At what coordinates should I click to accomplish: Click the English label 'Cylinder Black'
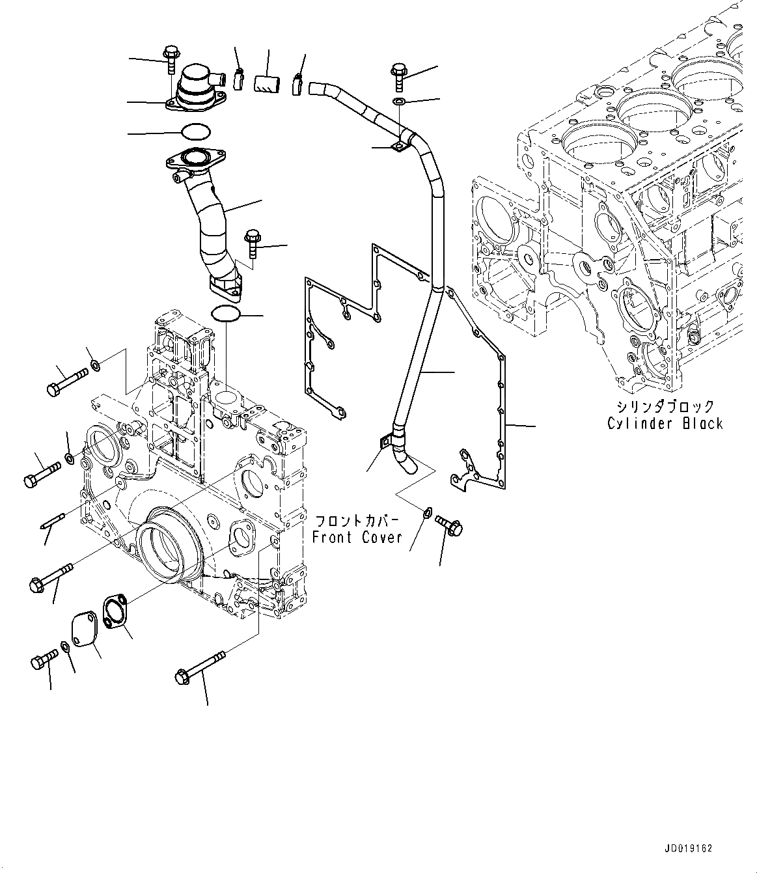coord(665,424)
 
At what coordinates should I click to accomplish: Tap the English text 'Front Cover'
coord(357,538)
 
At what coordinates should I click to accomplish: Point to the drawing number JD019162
coord(689,849)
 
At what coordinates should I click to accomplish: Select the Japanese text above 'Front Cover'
coord(357,521)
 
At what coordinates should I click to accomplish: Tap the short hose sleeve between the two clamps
coord(268,84)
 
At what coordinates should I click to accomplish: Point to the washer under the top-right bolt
coord(399,102)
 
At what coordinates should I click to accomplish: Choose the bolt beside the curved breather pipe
coord(253,243)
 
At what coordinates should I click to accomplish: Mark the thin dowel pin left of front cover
coord(53,521)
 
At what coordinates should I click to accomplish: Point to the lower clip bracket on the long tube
coord(385,443)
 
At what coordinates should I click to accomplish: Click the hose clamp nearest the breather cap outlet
coord(238,80)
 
